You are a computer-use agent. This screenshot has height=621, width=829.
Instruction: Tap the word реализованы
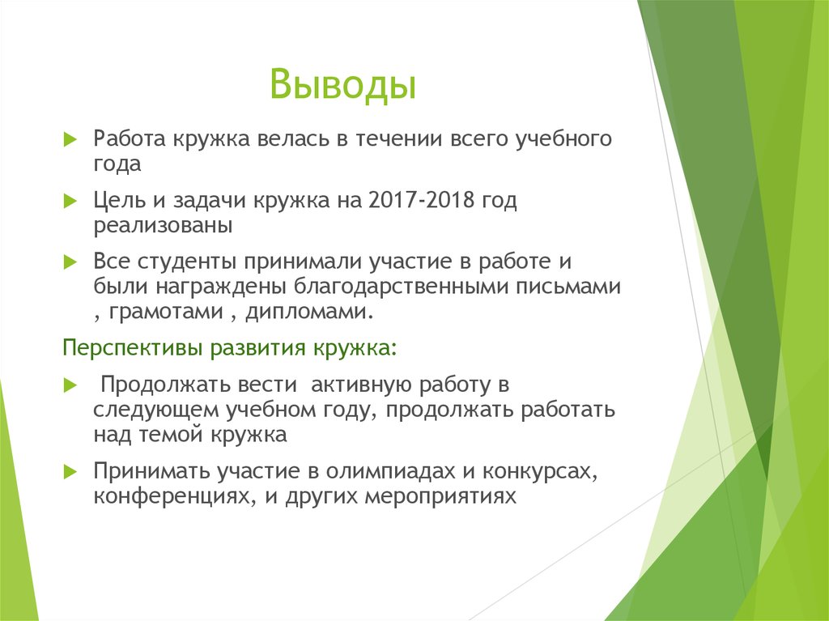[163, 226]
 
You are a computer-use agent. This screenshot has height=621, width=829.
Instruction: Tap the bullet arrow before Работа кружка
[70, 139]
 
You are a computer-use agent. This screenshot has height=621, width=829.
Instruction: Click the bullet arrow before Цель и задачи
[70, 202]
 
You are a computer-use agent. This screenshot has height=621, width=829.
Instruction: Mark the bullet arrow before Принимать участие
[70, 471]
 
